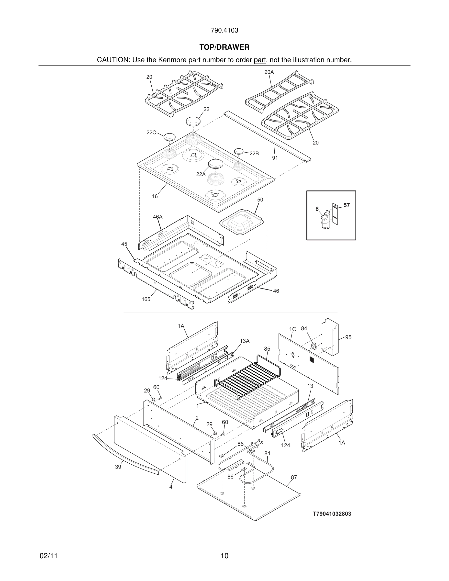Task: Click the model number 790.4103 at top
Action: pos(224,30)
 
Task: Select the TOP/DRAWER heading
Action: pos(224,47)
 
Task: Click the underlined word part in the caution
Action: pos(260,60)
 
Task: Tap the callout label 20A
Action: pos(269,72)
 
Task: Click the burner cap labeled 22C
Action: pos(169,137)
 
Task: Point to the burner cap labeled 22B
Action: pos(239,151)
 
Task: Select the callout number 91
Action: pos(275,158)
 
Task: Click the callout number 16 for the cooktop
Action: pos(155,196)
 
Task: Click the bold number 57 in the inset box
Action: pos(347,205)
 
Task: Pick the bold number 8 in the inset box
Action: pos(317,209)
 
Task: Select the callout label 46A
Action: pos(157,217)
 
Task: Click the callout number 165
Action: pos(146,299)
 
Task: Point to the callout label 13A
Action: pos(245,341)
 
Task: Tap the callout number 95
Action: pos(348,337)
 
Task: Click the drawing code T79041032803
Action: pos(332,514)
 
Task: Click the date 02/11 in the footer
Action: pos(49,556)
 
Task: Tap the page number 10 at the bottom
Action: pos(224,556)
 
